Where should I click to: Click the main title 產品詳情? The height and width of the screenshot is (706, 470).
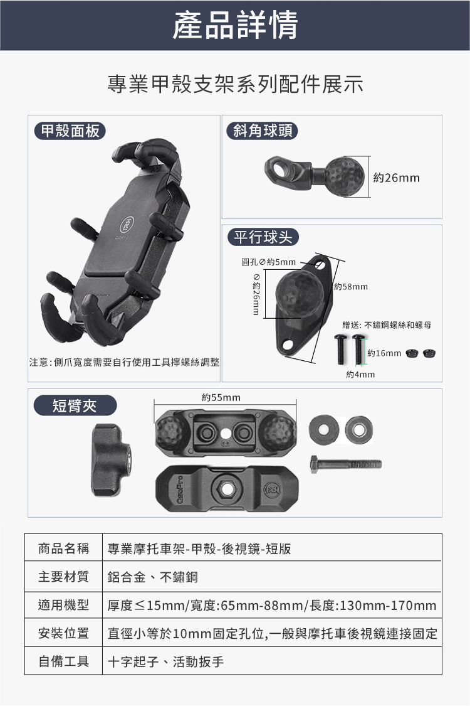[235, 24]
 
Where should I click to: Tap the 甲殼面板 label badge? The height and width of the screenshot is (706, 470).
[70, 131]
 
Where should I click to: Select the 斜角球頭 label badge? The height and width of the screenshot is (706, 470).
[263, 131]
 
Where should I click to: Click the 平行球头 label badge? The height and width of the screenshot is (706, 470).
[263, 237]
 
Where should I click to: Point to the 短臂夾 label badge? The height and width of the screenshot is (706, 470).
[75, 405]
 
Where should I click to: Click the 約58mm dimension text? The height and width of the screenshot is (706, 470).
[351, 286]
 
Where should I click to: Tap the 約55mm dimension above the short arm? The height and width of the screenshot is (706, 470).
[221, 398]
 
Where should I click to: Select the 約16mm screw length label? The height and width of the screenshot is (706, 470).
[384, 353]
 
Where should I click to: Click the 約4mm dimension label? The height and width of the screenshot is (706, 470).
[360, 375]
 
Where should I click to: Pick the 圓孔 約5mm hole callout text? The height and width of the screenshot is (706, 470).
[268, 262]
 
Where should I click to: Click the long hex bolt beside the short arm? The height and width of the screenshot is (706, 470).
[345, 463]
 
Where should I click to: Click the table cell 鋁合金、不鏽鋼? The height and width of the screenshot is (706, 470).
[152, 577]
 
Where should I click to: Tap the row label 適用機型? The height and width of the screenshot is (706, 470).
[63, 605]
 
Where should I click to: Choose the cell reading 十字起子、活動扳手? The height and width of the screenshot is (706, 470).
[165, 661]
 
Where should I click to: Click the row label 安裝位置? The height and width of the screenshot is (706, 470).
[63, 633]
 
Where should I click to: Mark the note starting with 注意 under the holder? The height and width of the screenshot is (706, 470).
[124, 363]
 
